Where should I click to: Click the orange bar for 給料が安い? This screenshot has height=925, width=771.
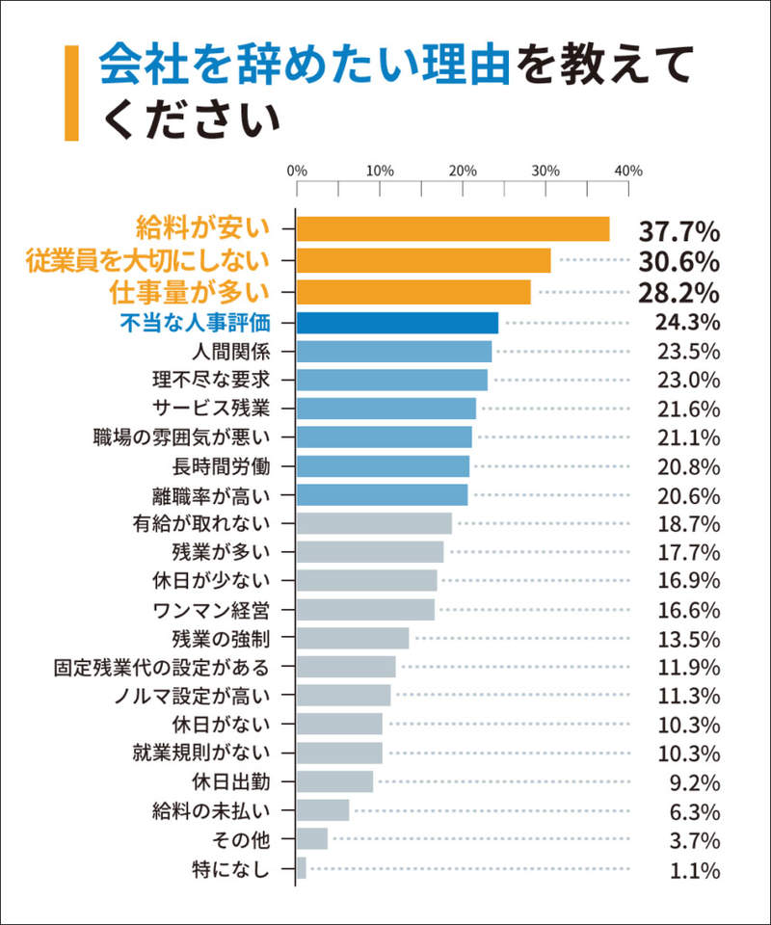[x=453, y=229]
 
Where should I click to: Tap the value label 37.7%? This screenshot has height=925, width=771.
[x=679, y=231]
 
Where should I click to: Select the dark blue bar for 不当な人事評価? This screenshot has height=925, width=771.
[x=397, y=323]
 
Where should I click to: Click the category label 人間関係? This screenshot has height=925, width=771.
[x=230, y=351]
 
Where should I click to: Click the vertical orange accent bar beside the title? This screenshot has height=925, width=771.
[x=71, y=92]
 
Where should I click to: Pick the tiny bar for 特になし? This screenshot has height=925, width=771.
[x=301, y=868]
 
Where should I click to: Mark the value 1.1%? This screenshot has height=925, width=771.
[x=695, y=871]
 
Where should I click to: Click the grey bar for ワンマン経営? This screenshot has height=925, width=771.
[x=365, y=609]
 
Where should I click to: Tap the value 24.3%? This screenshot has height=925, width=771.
[x=687, y=322]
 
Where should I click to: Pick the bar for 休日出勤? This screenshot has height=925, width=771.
[x=334, y=781]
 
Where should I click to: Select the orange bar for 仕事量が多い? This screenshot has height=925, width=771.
[x=413, y=292]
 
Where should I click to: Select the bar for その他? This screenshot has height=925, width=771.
[x=312, y=839]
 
